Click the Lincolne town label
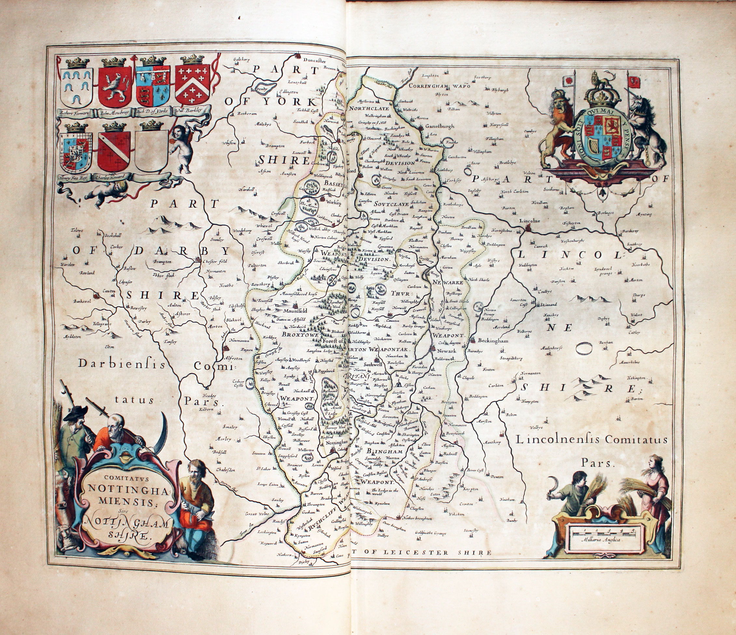click(529, 221)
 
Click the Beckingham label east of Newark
click(493, 341)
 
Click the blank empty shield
click(151, 151)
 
